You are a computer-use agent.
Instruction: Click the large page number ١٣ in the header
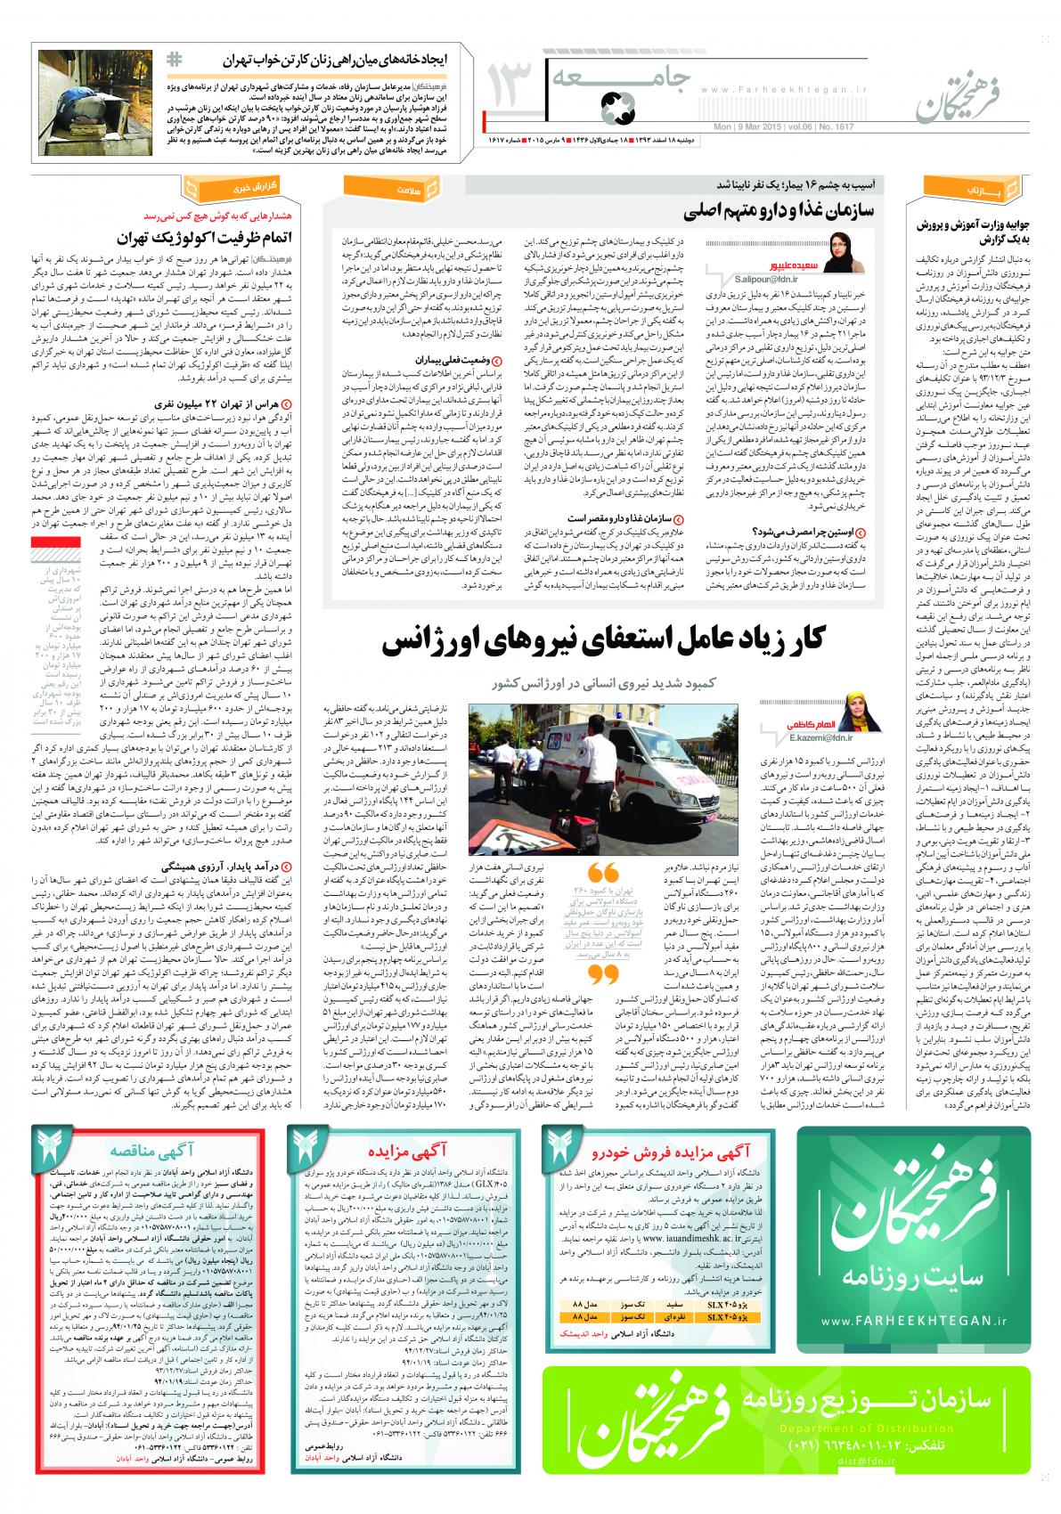tap(508, 92)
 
